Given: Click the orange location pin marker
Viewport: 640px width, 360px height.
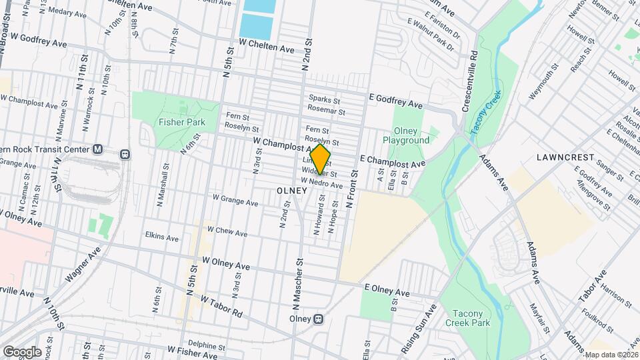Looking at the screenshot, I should click(x=321, y=160).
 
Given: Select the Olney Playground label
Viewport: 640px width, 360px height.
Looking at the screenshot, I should click(x=406, y=135).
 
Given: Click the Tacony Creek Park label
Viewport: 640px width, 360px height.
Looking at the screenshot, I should click(x=471, y=318).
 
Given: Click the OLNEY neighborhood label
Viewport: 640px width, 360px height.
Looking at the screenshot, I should click(x=291, y=191).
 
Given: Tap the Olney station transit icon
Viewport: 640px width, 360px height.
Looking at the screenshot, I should click(x=319, y=319).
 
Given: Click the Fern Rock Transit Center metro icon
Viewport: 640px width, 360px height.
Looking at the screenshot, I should click(x=97, y=149).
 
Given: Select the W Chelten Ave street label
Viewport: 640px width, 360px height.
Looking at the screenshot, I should click(x=267, y=49).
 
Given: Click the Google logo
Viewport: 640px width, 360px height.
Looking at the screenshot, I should click(x=22, y=351).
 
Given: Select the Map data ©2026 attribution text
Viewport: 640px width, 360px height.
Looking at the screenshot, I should click(x=611, y=355).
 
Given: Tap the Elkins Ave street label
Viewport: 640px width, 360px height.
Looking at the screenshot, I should click(x=162, y=237).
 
